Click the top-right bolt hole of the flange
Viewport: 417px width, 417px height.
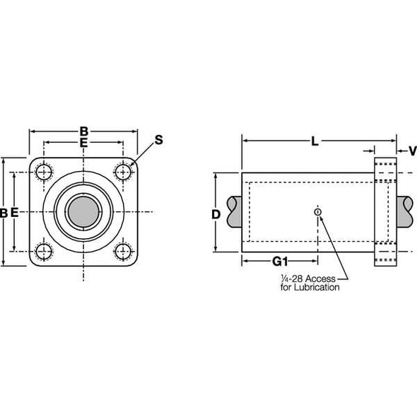click(x=124, y=172)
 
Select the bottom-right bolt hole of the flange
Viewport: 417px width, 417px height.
click(x=124, y=251)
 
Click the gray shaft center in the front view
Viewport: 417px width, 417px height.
click(x=83, y=211)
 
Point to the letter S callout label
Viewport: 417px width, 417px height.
click(x=158, y=140)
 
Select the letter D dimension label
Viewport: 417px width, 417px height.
click(x=216, y=213)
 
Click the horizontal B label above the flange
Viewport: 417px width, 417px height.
click(x=83, y=131)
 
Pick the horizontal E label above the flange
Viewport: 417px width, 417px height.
click(x=83, y=143)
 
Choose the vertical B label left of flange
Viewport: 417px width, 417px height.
click(x=4, y=212)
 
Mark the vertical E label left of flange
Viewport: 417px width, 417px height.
click(x=16, y=212)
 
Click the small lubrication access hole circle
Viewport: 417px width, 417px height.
click(x=318, y=211)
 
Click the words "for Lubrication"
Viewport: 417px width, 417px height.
click(x=310, y=288)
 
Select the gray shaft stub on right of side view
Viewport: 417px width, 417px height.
click(x=407, y=211)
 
